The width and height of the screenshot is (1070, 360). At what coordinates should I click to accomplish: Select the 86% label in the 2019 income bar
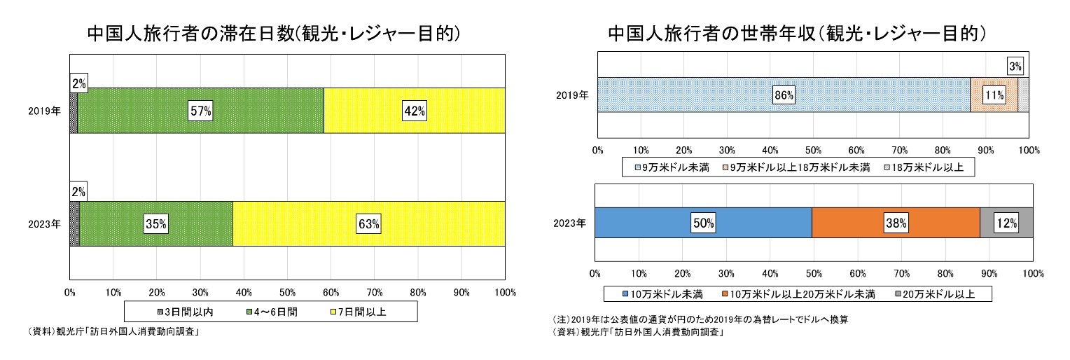pyautogui.click(x=782, y=95)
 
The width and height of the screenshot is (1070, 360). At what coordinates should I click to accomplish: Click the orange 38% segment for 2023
pyautogui.click(x=896, y=223)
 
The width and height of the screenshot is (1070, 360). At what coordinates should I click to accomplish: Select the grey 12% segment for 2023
pyautogui.click(x=1006, y=223)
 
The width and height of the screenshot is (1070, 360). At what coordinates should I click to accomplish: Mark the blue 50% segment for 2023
pyautogui.click(x=703, y=223)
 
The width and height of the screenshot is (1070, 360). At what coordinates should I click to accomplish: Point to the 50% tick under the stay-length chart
pyautogui.click(x=287, y=291)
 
